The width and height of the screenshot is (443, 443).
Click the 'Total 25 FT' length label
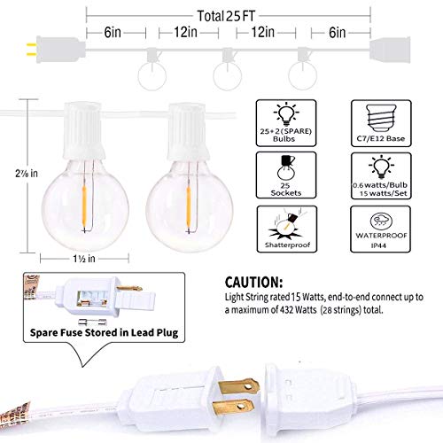[x=239, y=15]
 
